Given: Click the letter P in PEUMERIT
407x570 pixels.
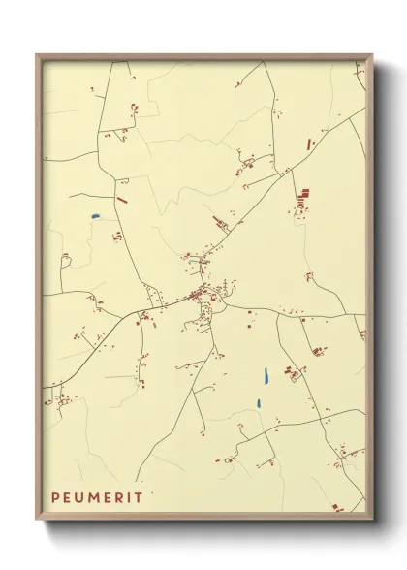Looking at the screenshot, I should (x=56, y=498).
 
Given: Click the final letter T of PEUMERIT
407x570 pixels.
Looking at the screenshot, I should (x=141, y=498).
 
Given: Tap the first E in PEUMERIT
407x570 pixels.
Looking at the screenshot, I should (x=69, y=498).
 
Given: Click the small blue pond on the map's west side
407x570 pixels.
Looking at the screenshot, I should (x=95, y=216).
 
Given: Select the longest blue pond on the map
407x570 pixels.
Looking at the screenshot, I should (x=265, y=374).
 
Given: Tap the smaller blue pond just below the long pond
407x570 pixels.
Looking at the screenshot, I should (x=258, y=402).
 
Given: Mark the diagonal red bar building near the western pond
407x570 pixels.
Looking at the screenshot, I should (x=121, y=200).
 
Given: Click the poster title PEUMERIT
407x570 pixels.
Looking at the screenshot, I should (x=98, y=498).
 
